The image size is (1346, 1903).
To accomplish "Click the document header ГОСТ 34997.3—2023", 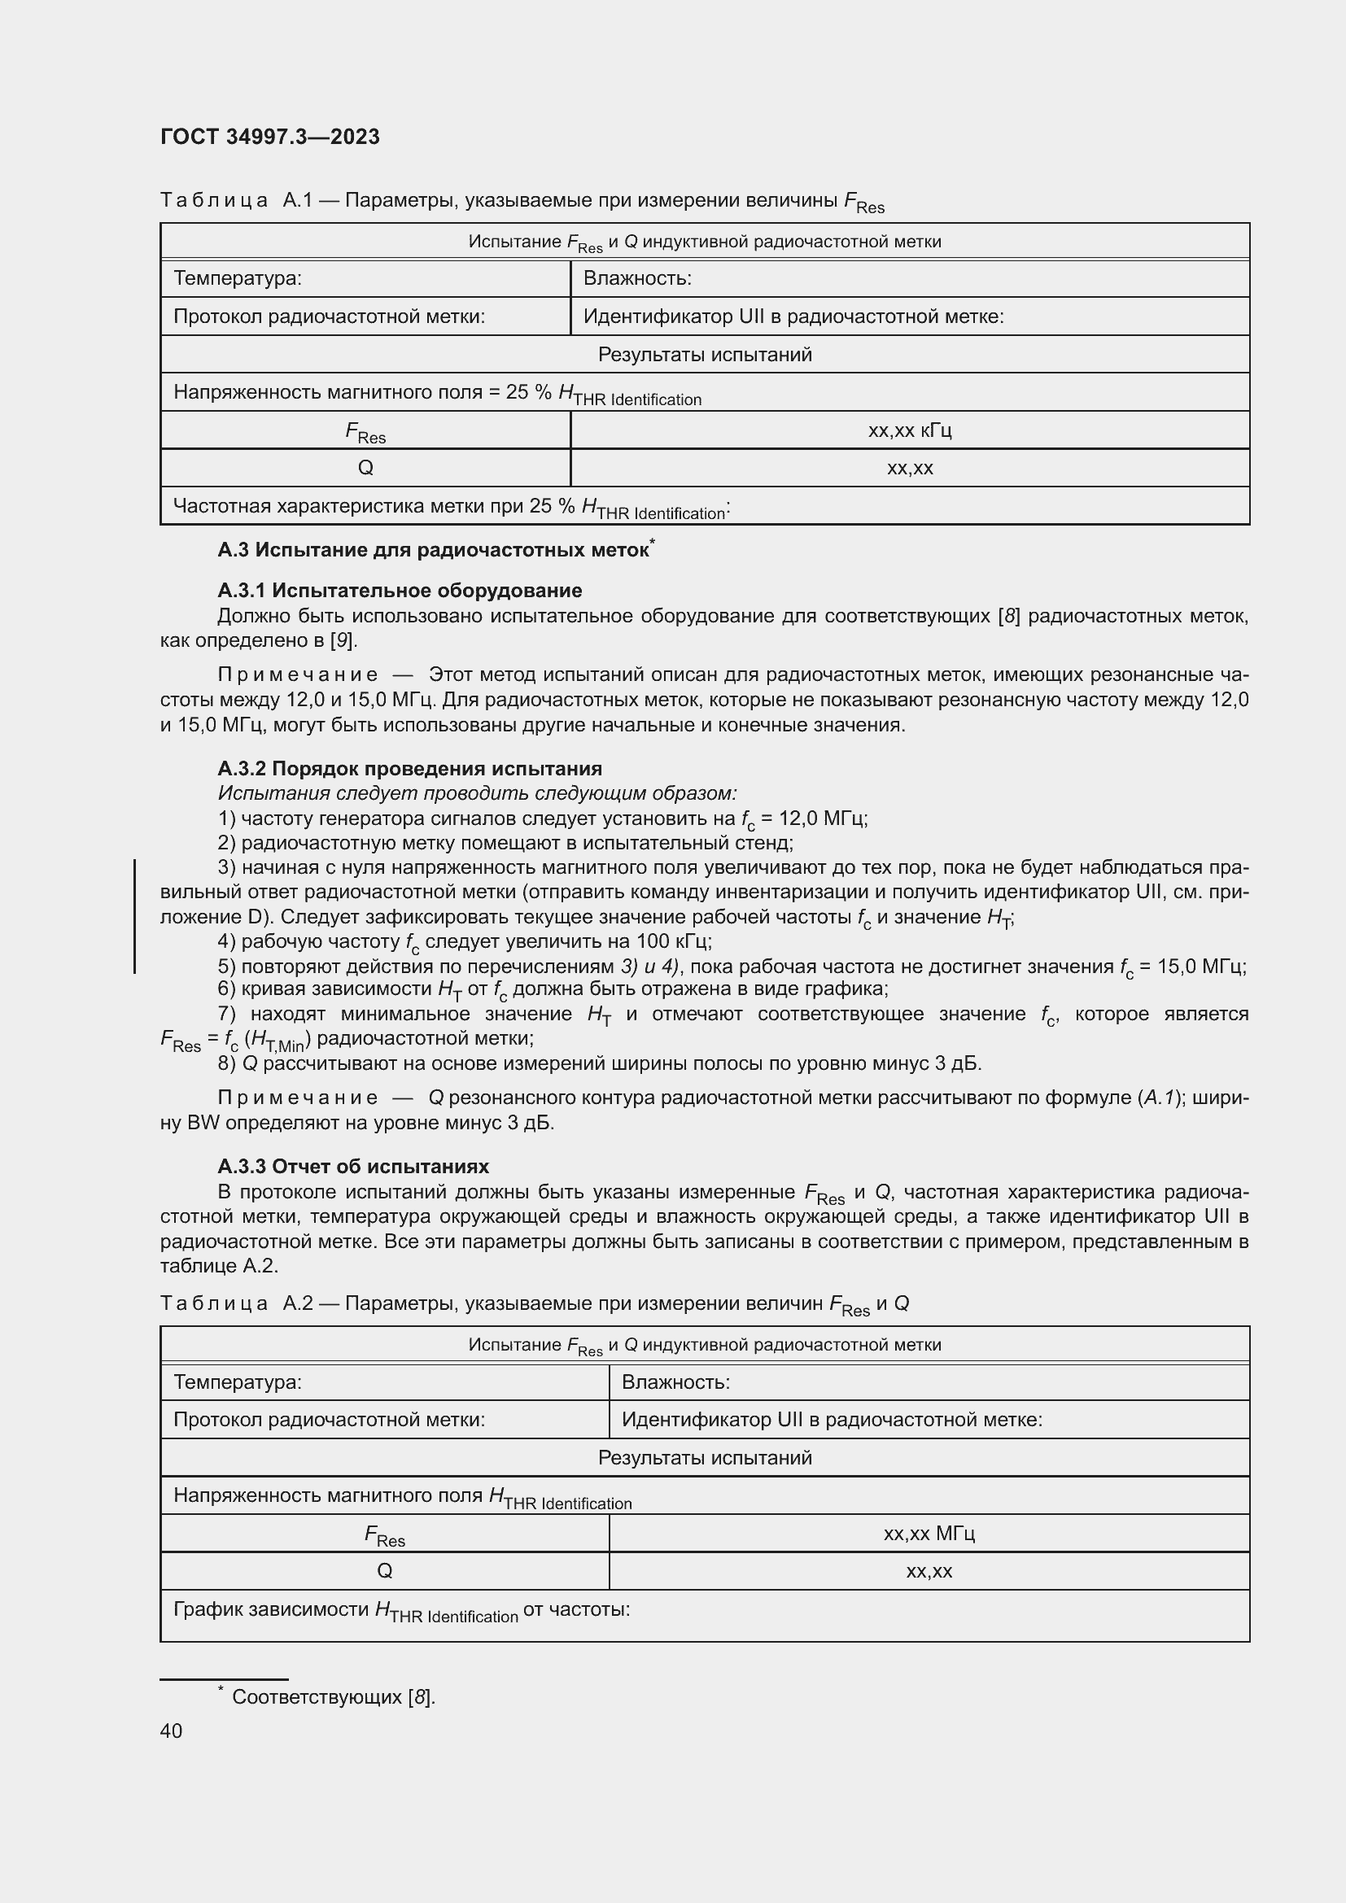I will [269, 137].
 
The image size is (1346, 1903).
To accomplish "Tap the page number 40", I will [171, 1731].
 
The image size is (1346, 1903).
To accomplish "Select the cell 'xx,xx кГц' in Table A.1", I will [909, 430].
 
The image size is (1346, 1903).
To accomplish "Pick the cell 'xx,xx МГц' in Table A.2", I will [929, 1534].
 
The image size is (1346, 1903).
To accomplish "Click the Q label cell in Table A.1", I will [365, 469].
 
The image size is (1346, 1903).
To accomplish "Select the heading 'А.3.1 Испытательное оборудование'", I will [400, 590].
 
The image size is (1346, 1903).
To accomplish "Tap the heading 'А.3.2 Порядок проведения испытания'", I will [409, 768].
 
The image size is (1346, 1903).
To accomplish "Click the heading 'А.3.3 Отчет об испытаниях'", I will [353, 1166].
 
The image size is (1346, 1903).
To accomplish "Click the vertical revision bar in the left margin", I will [135, 916].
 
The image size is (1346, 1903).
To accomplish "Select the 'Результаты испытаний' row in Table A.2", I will [705, 1458].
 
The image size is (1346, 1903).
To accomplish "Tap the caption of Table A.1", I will [522, 201].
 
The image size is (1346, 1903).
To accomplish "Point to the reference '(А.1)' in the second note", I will [1160, 1098].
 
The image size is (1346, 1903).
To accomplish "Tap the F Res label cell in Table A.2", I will [385, 1534].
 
